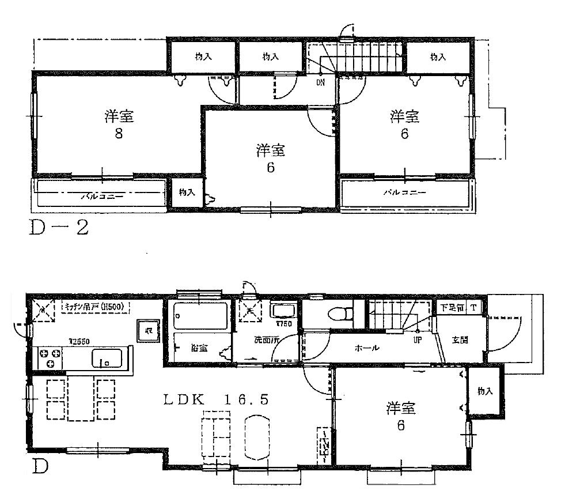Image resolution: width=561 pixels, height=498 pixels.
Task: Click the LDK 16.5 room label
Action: pos(215,399)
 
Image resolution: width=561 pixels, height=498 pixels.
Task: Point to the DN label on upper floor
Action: pos(320,82)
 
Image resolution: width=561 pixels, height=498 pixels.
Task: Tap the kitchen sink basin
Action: pos(109,359)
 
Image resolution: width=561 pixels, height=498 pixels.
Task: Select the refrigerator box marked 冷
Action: pos(148,331)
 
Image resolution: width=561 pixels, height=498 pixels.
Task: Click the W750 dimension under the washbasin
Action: pos(282,324)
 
